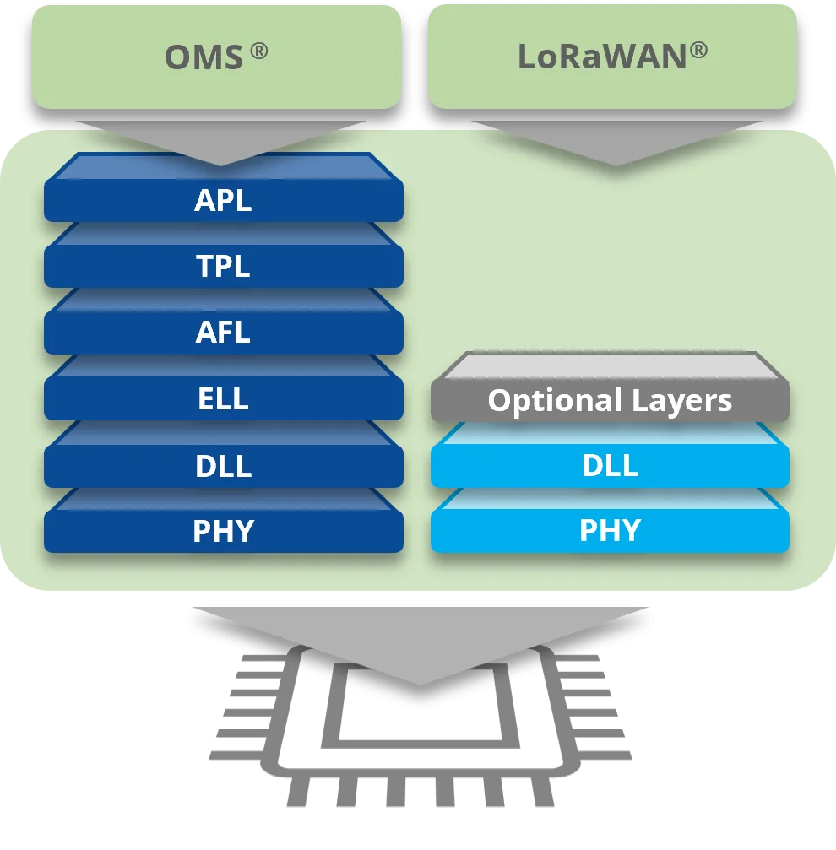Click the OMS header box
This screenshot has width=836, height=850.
(216, 57)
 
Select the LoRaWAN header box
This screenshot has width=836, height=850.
(612, 57)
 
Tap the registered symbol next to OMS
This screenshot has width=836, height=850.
(259, 51)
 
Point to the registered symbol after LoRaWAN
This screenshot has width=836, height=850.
(699, 51)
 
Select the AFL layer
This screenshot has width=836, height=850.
(224, 322)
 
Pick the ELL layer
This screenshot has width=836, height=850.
(224, 388)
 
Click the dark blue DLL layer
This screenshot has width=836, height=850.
(224, 455)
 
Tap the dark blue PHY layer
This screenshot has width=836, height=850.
(224, 521)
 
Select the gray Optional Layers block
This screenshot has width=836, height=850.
(610, 387)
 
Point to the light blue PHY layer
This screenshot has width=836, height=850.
(610, 521)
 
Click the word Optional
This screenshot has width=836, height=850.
(555, 402)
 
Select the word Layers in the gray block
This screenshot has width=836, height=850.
(682, 402)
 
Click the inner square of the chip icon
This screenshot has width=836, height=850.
(421, 705)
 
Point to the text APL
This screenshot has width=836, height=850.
(223, 200)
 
